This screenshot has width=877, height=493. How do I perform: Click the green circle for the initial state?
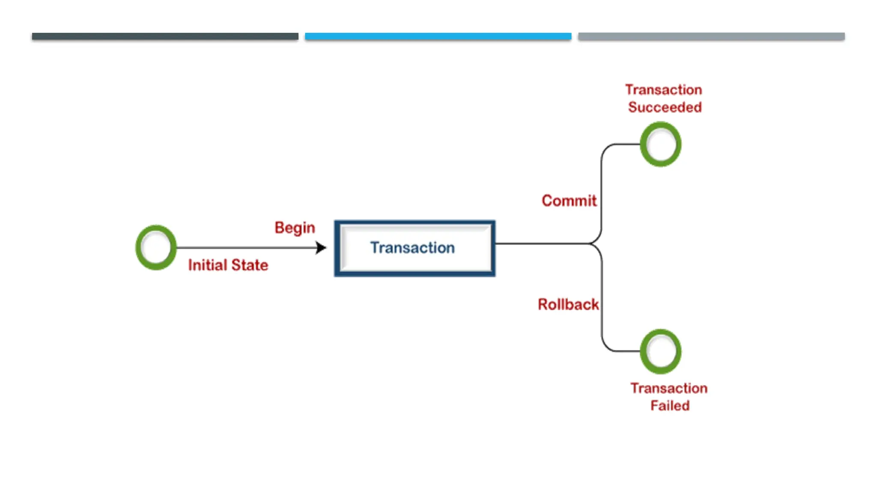[x=156, y=247]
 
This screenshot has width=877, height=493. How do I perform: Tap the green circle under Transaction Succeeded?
[x=660, y=144]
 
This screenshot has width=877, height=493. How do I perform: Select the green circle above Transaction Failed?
[x=660, y=351]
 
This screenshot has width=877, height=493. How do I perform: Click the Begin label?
[x=295, y=228]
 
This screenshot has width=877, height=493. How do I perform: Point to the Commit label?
[x=569, y=201]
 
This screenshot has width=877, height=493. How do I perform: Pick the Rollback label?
[x=568, y=304]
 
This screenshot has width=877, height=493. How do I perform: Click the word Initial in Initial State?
[x=207, y=265]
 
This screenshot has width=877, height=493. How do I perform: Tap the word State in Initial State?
[x=250, y=265]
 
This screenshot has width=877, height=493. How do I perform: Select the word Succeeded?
[x=665, y=107]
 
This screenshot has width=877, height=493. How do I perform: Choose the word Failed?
[x=670, y=405]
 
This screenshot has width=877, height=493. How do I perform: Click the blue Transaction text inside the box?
[x=412, y=248]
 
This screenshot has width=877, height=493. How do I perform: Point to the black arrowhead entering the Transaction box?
[x=321, y=247]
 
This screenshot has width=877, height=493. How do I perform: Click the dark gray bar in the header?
[x=165, y=36]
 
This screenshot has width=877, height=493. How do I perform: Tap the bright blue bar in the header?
[x=438, y=36]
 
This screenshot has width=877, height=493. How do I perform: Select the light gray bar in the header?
[x=711, y=36]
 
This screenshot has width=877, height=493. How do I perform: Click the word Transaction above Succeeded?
[x=663, y=90]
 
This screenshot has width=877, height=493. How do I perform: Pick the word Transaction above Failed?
[x=668, y=388]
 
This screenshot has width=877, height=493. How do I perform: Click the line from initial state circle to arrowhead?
[x=244, y=247]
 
